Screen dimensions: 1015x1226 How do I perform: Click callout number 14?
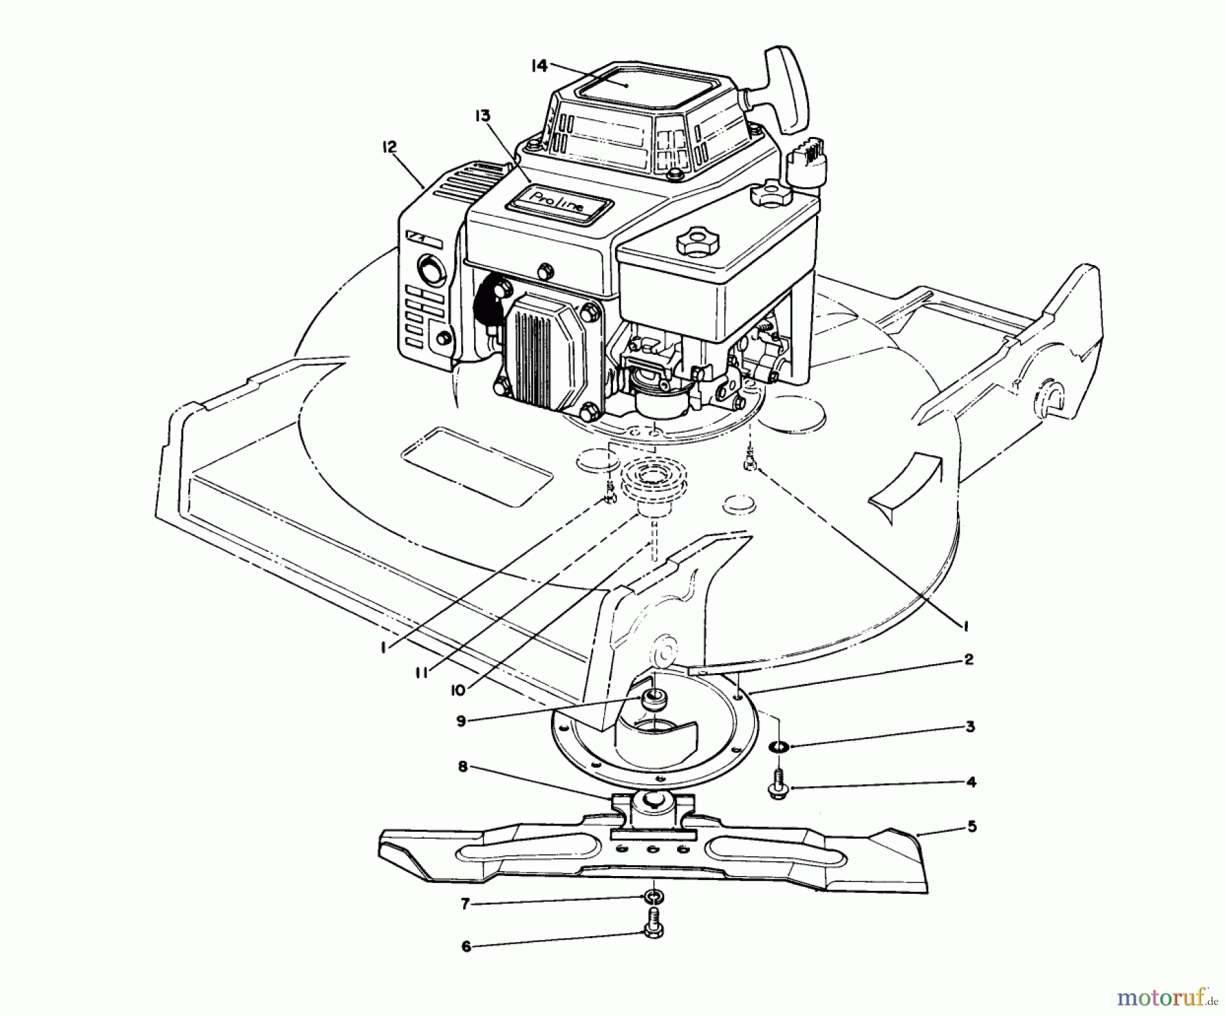(539, 65)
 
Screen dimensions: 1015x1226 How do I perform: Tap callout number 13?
(482, 116)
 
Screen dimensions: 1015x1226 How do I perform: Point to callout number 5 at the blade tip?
(971, 826)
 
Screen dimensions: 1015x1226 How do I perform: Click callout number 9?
(461, 721)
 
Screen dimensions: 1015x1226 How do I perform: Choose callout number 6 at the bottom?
(466, 946)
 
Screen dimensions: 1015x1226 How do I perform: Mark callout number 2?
(968, 659)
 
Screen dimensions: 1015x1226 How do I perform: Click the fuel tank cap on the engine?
(693, 239)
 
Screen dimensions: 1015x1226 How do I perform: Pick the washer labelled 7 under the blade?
(653, 894)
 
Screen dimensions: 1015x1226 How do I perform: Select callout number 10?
(457, 690)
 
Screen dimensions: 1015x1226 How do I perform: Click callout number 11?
(422, 672)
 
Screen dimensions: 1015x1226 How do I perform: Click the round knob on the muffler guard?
(429, 269)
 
